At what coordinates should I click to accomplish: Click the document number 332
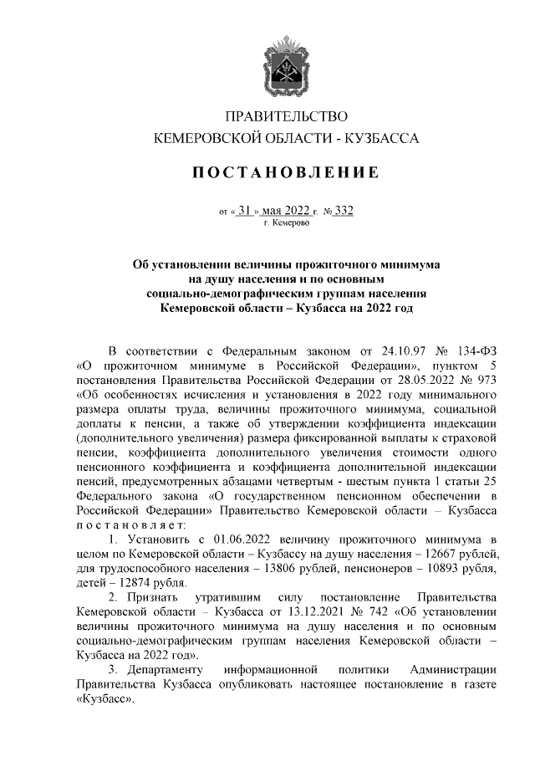tap(343, 210)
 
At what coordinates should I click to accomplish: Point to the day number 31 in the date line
tap(244, 210)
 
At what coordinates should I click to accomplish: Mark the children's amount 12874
tap(135, 583)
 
